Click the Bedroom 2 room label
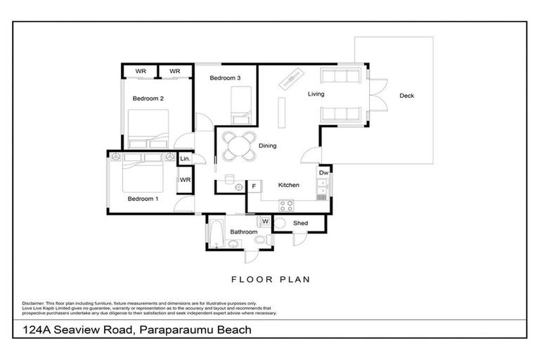tap(148, 98)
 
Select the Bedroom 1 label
tap(143, 199)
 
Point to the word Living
tap(315, 94)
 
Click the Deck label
tap(406, 96)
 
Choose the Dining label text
tap(267, 146)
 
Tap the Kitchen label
tap(289, 185)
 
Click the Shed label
tap(301, 224)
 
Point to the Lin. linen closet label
tap(185, 160)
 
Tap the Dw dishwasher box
tap(323, 172)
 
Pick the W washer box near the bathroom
tap(265, 221)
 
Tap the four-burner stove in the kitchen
tap(287, 206)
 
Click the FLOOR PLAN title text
tap(270, 279)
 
